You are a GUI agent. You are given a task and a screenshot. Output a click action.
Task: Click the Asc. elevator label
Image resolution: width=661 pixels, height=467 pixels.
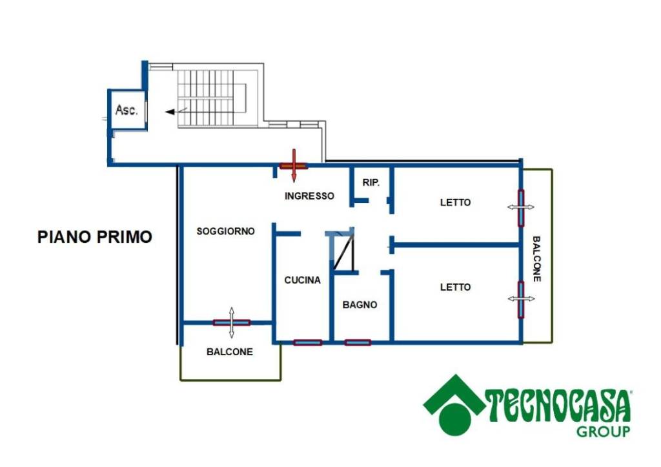[x=127, y=110]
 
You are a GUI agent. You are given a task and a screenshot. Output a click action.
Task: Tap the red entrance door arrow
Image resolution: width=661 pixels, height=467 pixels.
[x=294, y=165]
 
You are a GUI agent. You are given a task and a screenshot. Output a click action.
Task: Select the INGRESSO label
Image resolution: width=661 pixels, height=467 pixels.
[x=309, y=196]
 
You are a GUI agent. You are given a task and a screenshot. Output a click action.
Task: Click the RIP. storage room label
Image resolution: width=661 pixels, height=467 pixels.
[x=371, y=183]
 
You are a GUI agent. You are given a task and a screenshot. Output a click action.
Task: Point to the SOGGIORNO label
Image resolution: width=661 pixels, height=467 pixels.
[x=225, y=231]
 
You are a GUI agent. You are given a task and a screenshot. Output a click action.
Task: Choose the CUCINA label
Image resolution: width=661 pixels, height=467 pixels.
[x=302, y=280]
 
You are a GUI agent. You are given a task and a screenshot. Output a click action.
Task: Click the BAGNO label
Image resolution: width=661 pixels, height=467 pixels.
[x=360, y=305]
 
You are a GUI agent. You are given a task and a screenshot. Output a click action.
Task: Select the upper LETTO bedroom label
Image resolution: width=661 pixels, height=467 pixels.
[x=455, y=202]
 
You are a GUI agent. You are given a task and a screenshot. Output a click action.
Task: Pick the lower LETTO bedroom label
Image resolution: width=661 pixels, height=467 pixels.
[x=455, y=287]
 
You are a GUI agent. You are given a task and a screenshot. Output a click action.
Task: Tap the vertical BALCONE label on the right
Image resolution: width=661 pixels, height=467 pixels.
[x=536, y=258]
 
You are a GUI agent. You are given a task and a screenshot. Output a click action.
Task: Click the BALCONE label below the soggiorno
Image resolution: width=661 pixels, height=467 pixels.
[x=230, y=352]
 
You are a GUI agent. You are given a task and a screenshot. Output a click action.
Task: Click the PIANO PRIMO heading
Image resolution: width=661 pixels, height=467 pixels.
[x=95, y=236]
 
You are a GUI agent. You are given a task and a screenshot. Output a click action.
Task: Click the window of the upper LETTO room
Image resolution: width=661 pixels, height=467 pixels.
[x=521, y=208]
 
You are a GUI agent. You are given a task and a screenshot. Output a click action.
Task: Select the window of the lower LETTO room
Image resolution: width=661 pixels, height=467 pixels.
[x=521, y=300]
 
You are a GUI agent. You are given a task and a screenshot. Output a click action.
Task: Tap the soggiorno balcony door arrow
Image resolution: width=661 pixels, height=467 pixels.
[x=232, y=323]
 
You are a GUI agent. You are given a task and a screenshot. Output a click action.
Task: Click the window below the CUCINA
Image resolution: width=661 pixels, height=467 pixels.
[x=308, y=342]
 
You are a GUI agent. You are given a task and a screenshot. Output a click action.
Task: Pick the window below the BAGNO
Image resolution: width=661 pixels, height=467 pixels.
[x=358, y=342]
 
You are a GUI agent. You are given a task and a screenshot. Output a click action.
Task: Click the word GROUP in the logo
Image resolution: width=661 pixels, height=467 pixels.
[x=604, y=431]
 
